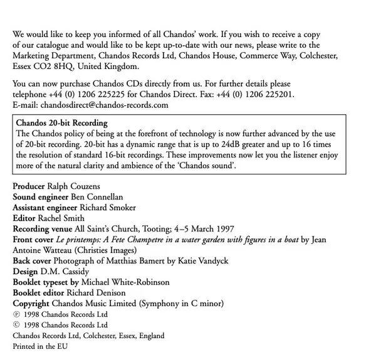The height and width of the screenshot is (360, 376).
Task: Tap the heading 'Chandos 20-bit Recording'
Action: (x=62, y=123)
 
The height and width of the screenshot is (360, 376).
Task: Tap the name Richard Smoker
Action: (x=107, y=208)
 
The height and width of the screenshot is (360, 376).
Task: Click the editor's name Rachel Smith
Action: (x=60, y=218)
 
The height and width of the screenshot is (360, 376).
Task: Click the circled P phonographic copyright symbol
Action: (x=16, y=314)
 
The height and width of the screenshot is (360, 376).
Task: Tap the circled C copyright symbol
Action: (x=16, y=324)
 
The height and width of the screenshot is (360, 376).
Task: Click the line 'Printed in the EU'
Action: (x=39, y=346)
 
